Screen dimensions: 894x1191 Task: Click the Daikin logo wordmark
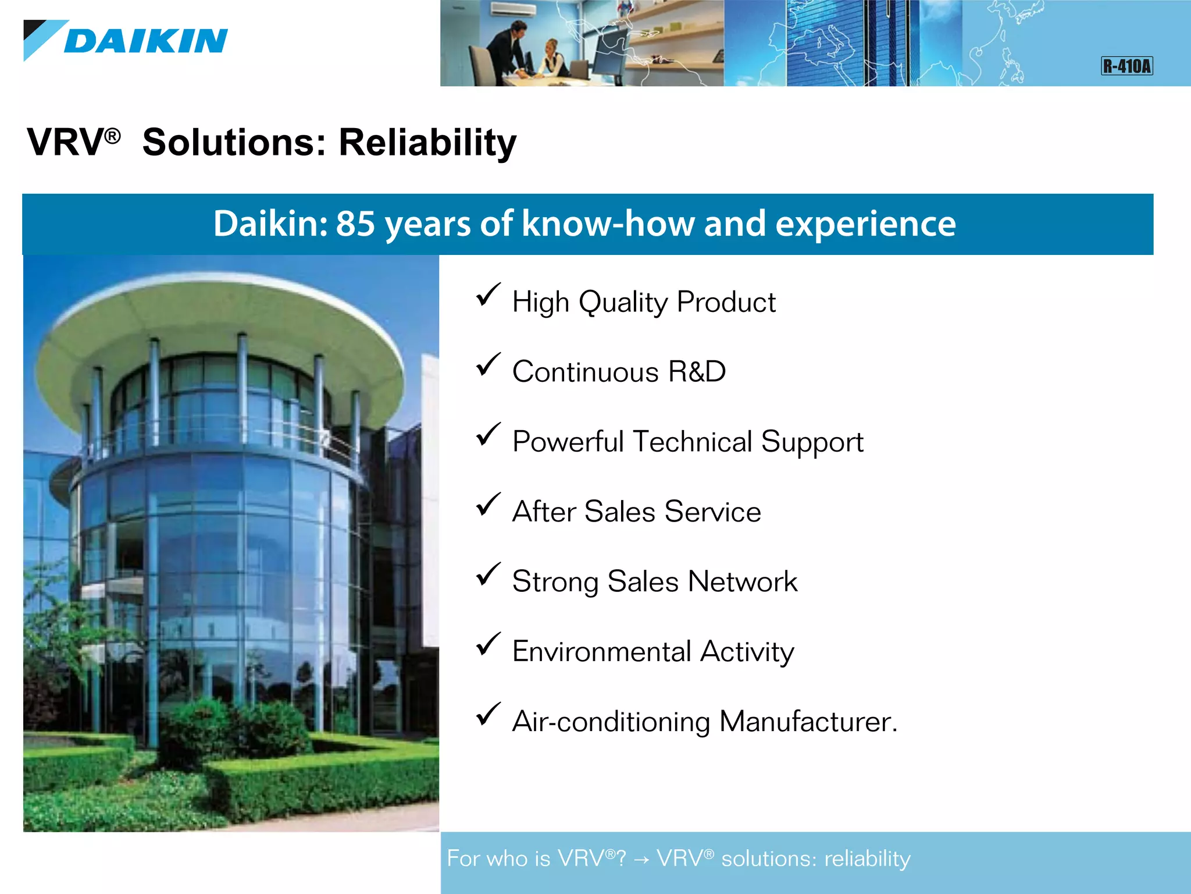(x=145, y=41)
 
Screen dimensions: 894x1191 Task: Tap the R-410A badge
(x=1126, y=66)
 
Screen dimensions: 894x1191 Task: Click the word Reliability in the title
(x=427, y=143)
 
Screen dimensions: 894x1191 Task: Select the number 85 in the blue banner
(x=355, y=223)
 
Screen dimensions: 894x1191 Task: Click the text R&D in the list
(x=697, y=371)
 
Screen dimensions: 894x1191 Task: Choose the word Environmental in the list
(x=601, y=651)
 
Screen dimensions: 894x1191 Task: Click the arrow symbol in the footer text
(x=641, y=859)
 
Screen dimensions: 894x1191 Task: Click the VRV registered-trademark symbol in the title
(x=112, y=136)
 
